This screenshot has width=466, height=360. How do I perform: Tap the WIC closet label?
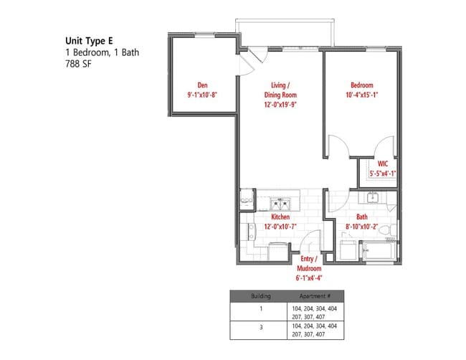click(x=382, y=164)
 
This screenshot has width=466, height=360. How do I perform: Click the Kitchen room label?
click(x=280, y=216)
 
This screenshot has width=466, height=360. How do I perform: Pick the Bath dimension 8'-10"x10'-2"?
click(x=362, y=226)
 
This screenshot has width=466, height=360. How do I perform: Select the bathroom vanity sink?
click(x=373, y=198)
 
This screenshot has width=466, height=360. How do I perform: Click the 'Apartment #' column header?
click(x=318, y=295)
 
